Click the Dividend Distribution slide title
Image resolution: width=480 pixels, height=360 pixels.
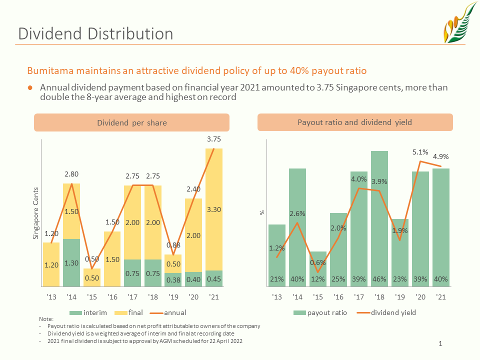95,33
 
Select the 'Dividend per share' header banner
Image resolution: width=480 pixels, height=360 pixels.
131,122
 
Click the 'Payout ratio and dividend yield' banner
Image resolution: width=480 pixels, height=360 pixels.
354,122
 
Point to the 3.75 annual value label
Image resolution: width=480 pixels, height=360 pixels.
213,139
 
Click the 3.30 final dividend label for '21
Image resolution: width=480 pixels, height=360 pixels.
213,211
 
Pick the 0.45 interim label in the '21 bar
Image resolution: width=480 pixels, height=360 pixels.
213,279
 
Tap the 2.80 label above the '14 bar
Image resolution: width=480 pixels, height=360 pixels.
71,174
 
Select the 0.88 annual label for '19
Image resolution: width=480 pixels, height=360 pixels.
173,245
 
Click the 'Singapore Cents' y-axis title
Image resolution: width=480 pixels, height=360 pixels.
36,213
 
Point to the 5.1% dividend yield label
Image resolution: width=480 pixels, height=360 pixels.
420,152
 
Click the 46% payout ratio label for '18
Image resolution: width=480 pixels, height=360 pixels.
379,279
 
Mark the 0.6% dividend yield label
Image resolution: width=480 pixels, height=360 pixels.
317,262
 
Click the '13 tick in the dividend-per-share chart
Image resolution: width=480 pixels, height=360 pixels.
51,297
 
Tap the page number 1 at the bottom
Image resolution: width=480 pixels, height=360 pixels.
440,343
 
